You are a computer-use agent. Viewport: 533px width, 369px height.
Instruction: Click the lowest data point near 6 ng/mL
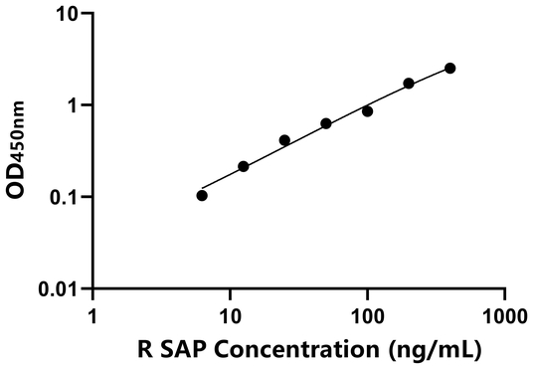point(202,195)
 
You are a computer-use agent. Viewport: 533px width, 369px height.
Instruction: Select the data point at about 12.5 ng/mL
point(244,166)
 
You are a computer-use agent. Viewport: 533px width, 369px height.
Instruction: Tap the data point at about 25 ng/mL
point(284,140)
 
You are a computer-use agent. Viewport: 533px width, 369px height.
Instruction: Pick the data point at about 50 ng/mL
point(326,123)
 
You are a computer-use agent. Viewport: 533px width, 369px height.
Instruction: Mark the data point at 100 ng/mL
point(367,111)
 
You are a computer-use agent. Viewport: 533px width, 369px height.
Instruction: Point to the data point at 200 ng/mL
point(409,84)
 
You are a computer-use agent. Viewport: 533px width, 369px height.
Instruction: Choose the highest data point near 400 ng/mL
point(450,68)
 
